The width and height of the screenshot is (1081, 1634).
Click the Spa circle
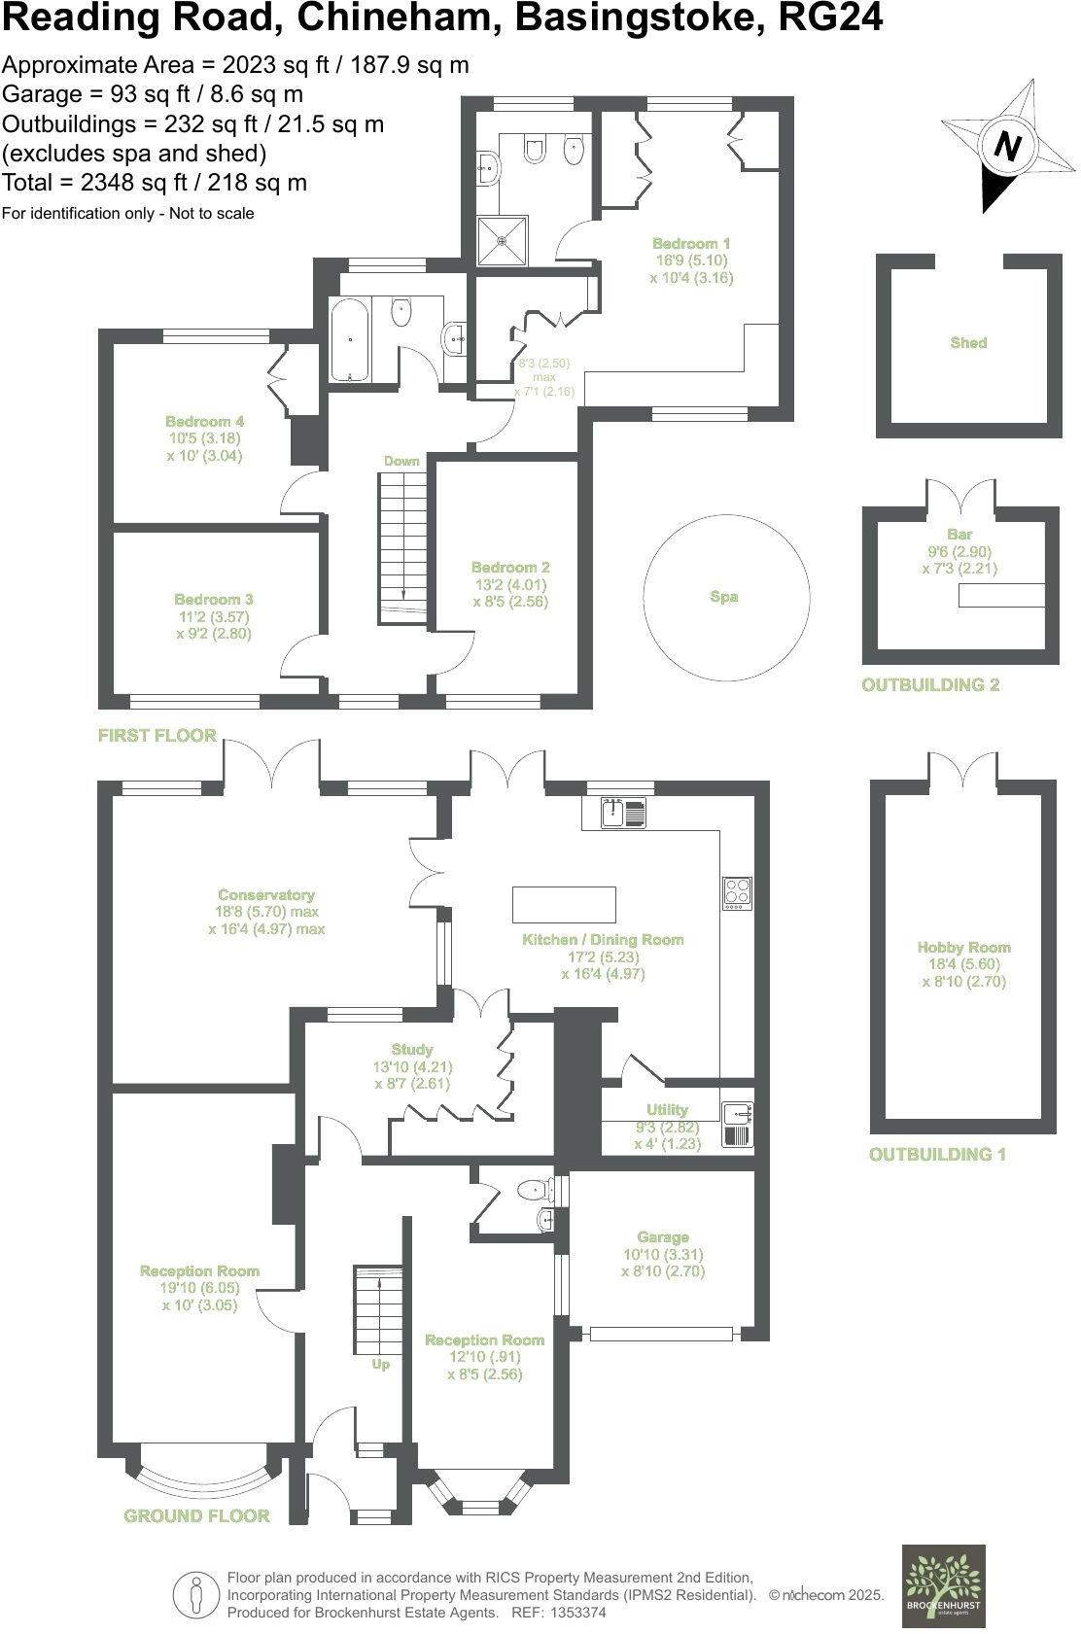click(x=725, y=597)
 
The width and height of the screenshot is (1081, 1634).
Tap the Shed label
click(x=968, y=342)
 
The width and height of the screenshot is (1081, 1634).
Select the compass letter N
click(x=1008, y=148)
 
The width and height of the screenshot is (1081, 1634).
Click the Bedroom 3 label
click(x=214, y=600)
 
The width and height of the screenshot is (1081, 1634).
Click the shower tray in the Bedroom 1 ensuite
click(x=503, y=239)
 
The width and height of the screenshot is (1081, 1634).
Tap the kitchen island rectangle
click(x=564, y=904)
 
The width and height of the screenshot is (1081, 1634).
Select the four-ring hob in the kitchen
click(x=737, y=892)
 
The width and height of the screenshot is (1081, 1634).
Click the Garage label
click(x=663, y=1237)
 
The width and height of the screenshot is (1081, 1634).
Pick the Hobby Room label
click(x=963, y=947)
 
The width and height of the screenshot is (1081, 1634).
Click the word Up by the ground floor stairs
click(x=380, y=1364)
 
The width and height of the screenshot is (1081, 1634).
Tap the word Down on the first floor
click(x=401, y=461)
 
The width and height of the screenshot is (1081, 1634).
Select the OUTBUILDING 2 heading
click(x=930, y=685)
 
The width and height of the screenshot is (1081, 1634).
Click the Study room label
click(x=412, y=1050)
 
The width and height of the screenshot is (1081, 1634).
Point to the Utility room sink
click(x=737, y=1110)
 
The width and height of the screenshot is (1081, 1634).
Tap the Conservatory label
click(x=266, y=894)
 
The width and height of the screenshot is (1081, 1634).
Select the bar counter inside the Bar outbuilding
click(x=1001, y=595)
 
